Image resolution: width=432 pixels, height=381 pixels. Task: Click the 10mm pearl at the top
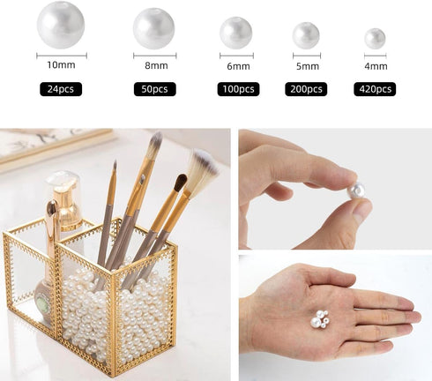coord(61,25)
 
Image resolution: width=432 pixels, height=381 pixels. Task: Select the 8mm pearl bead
coord(153,28)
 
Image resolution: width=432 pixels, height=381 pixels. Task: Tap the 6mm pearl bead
coord(235,33)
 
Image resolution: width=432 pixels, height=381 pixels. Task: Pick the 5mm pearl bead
coord(306,35)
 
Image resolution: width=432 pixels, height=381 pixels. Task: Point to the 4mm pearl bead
coord(375,39)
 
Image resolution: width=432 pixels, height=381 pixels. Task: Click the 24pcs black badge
coord(61,89)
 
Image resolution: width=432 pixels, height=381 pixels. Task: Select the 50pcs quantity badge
coord(155,89)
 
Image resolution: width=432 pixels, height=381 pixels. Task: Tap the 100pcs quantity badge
coord(238,89)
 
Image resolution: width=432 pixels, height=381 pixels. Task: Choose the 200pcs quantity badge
coord(306,89)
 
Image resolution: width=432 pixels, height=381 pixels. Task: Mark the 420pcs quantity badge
coord(375,89)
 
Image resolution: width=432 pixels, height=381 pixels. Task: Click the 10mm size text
coord(61,65)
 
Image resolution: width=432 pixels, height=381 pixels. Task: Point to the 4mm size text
coord(376,66)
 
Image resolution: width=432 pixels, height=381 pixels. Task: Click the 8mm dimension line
coord(155,56)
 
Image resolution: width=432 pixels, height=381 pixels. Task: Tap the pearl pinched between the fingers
coord(355,190)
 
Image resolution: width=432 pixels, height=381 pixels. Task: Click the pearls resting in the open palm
coord(319,319)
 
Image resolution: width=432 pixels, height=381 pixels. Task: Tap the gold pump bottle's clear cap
coord(63,183)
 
